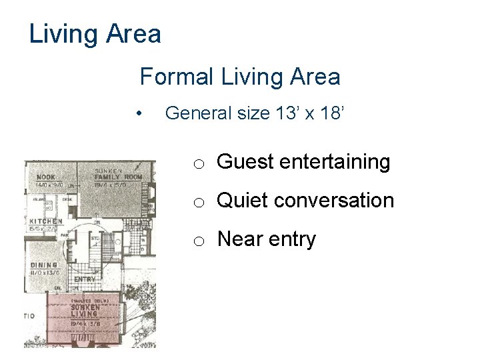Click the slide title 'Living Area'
pos(95,33)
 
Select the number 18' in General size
pos(332,113)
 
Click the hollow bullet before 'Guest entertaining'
pos(199,164)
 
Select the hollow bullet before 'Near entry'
pos(199,241)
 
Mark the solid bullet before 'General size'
pos(138,114)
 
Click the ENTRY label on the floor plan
pos(85,279)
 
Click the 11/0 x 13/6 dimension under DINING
pos(44,272)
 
